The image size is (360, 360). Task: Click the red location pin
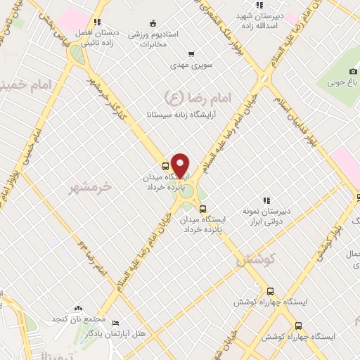pyautogui.click(x=181, y=165)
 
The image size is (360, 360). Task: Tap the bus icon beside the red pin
pyautogui.click(x=165, y=167)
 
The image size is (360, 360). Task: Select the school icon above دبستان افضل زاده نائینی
pyautogui.click(x=97, y=22)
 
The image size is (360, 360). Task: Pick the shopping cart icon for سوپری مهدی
pyautogui.click(x=191, y=54)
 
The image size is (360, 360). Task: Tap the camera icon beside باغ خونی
pyautogui.click(x=354, y=71)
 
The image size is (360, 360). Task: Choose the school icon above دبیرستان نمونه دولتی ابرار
pyautogui.click(x=266, y=200)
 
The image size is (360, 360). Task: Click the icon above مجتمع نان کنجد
pyautogui.click(x=78, y=309)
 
